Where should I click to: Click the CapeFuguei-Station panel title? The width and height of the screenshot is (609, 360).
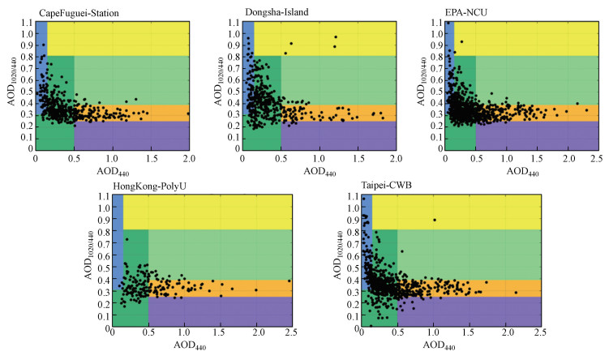(72, 11)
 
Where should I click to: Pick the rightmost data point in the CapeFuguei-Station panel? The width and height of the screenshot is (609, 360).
(188, 114)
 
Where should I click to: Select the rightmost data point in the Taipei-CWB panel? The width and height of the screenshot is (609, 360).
(516, 293)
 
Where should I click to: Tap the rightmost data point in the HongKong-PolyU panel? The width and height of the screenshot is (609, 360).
(289, 281)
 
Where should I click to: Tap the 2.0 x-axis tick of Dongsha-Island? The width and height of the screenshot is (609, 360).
(395, 157)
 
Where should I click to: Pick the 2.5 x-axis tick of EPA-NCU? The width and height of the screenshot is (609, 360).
(598, 157)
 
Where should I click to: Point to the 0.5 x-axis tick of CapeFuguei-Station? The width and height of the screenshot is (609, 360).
(73, 157)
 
